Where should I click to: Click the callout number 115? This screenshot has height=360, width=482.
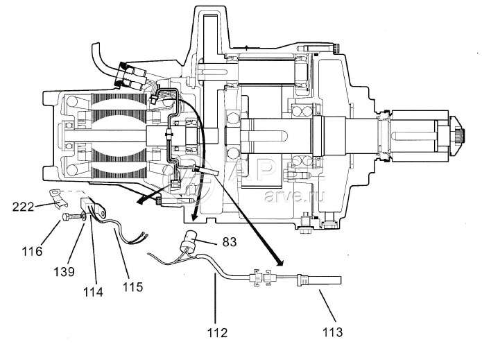coord(132,286)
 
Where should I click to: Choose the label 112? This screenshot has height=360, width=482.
coord(217,332)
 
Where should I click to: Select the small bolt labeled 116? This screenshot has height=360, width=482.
coord(66,217)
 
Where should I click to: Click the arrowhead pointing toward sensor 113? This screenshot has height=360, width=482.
coord(281,263)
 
